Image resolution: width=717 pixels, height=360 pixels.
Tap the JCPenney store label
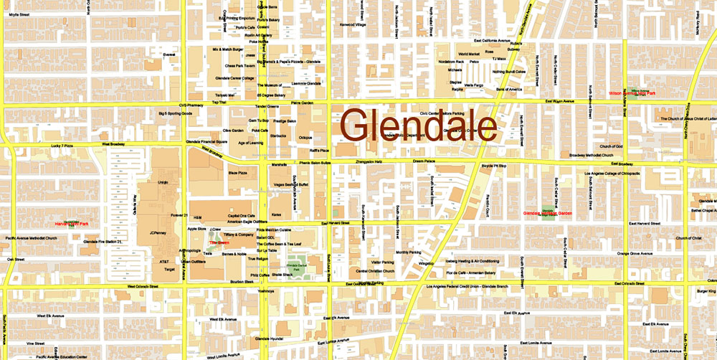(158, 233)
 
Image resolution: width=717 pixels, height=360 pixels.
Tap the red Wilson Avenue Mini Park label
(632, 93)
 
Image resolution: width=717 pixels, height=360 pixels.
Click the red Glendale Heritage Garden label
(549, 213)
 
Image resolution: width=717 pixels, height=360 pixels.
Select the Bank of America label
(506, 89)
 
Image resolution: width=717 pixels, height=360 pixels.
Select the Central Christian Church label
(375, 271)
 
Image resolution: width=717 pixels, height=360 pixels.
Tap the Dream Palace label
(424, 161)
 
